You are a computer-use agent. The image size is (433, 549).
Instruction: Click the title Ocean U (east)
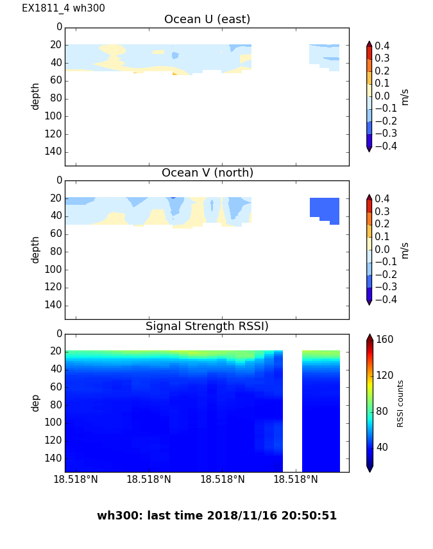(x=207, y=19)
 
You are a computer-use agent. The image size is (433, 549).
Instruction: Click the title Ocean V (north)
(x=207, y=173)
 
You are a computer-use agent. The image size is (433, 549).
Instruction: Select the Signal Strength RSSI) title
(x=207, y=326)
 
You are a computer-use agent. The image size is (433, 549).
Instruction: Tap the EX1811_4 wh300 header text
(x=64, y=8)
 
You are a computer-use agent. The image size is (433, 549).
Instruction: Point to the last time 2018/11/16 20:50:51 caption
(x=217, y=516)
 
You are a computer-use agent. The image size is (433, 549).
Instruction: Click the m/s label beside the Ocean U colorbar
(x=405, y=96)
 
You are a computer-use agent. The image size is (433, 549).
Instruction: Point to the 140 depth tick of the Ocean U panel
(x=55, y=152)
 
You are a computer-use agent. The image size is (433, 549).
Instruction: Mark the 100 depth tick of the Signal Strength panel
(x=55, y=423)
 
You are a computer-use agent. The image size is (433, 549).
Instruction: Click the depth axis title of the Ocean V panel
(x=36, y=249)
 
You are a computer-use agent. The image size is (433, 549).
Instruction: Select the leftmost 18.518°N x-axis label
(x=76, y=480)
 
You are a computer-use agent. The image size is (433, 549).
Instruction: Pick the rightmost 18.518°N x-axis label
(x=296, y=480)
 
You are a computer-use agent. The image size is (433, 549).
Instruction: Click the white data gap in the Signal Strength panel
(x=293, y=411)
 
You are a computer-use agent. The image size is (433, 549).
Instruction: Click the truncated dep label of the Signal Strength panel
(x=36, y=403)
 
